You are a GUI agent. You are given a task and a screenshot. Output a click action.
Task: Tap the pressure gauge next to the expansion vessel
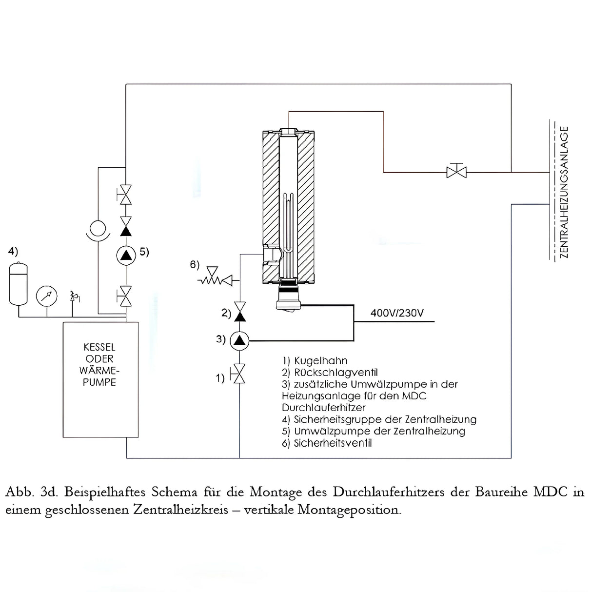click(x=46, y=296)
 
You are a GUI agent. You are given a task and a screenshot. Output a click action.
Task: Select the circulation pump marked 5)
click(x=126, y=255)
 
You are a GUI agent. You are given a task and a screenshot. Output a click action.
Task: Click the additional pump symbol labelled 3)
click(x=239, y=340)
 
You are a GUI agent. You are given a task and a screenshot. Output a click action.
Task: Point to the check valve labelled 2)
click(x=239, y=312)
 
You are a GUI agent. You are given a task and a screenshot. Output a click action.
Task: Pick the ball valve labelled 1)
click(x=239, y=374)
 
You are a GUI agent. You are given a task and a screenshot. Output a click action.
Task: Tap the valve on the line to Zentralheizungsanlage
click(x=456, y=172)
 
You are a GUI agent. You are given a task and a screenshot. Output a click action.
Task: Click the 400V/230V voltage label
click(x=397, y=313)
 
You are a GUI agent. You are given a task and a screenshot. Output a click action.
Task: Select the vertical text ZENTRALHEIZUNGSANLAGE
click(x=564, y=192)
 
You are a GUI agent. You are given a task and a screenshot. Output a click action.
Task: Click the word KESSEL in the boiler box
click(x=99, y=347)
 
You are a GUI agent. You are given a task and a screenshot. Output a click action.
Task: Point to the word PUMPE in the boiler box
click(x=99, y=382)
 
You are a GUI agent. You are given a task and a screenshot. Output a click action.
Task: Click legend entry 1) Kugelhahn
click(x=315, y=361)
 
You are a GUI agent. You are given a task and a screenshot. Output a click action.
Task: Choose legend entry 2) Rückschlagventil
click(x=330, y=373)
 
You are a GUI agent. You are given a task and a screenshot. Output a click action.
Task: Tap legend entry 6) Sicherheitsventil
click(x=327, y=443)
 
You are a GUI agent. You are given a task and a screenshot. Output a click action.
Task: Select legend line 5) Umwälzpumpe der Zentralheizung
click(x=374, y=431)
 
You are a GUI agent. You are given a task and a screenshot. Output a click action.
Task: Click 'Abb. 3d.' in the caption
click(x=32, y=492)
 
